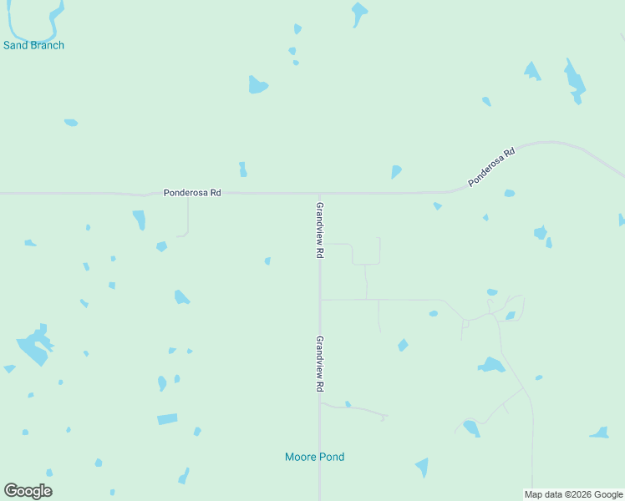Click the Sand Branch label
click(33, 45)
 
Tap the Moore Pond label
click(314, 457)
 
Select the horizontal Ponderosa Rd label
click(192, 193)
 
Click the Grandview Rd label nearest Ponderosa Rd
click(319, 230)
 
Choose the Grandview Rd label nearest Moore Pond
click(319, 365)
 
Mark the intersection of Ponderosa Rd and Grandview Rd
click(318, 193)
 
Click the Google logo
click(28, 491)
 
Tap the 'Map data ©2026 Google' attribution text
click(574, 494)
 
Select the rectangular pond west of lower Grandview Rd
click(167, 418)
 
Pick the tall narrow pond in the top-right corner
click(574, 82)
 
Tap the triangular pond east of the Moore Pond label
click(423, 467)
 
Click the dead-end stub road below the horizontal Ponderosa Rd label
click(188, 219)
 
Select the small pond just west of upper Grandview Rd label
click(267, 261)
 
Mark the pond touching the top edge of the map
click(359, 13)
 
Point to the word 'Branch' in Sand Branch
click(47, 45)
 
